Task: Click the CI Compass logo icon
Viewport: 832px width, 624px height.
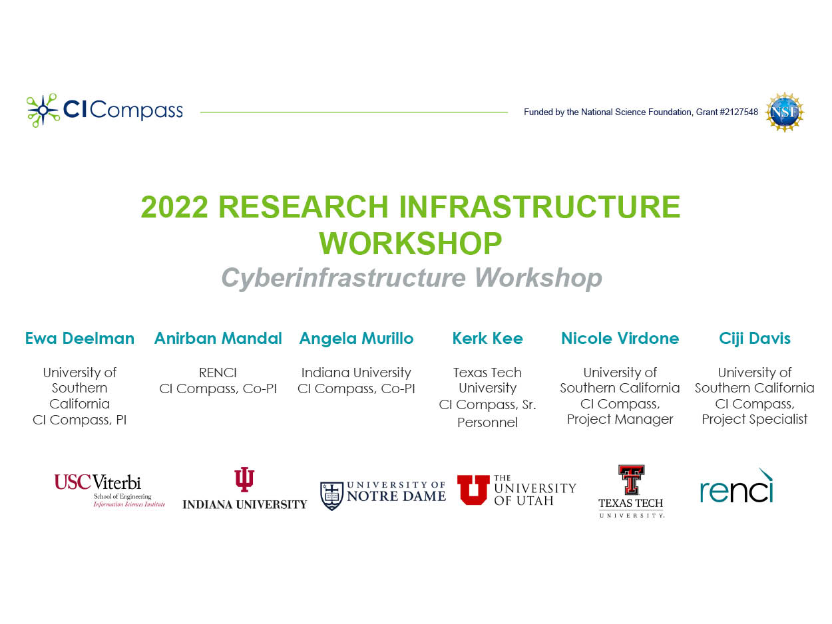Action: coord(43,110)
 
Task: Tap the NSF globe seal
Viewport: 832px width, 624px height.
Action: coord(785,112)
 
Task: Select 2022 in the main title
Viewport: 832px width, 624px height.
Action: coord(174,207)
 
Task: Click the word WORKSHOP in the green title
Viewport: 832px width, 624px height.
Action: coord(411,243)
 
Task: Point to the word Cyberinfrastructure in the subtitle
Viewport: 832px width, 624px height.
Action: coord(343,279)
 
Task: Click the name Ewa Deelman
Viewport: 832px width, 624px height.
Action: coord(80,339)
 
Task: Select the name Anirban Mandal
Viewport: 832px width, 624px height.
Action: coord(218,339)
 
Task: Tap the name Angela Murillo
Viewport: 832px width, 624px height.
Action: coord(356,339)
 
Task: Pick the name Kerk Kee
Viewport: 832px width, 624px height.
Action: coord(487,339)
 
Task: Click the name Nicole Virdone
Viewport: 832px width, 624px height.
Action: coord(620,339)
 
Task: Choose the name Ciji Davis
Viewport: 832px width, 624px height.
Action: coord(755,339)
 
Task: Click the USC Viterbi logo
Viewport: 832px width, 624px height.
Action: coord(110,490)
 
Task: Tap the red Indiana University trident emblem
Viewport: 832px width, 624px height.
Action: coord(244,479)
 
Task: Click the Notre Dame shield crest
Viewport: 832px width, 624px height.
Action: coord(331,496)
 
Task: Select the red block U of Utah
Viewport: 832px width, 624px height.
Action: coord(473,490)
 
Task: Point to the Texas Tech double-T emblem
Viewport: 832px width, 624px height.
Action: coord(631,479)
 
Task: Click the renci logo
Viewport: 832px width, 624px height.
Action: coord(736,487)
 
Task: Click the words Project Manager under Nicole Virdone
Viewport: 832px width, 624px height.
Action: coord(620,419)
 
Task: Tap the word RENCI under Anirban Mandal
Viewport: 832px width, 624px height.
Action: coord(218,373)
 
